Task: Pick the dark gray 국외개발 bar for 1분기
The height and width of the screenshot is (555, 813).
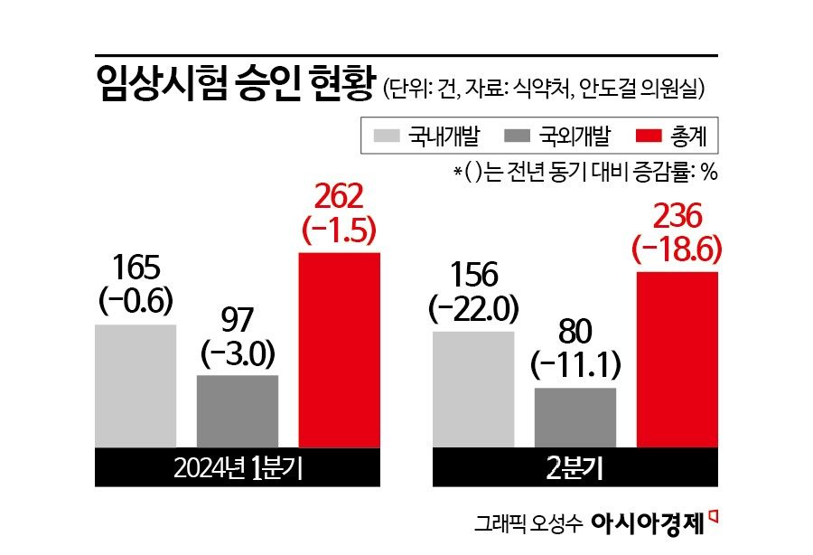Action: point(237,411)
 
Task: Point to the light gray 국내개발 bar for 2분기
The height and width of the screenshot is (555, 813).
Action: point(473,390)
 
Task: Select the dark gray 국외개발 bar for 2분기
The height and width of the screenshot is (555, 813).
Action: point(575,418)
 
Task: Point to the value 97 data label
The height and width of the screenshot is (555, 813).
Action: point(237,319)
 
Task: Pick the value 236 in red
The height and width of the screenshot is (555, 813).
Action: point(677,217)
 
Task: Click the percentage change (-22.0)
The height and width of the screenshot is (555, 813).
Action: point(473,309)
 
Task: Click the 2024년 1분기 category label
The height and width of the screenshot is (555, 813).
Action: point(237,467)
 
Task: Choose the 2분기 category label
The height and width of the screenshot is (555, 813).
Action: point(575,467)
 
